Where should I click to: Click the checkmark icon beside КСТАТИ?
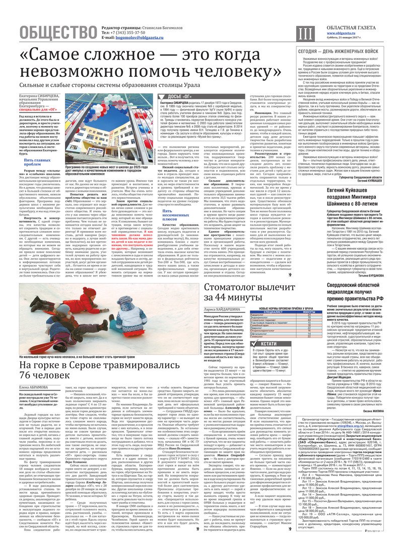pos(255,344)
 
